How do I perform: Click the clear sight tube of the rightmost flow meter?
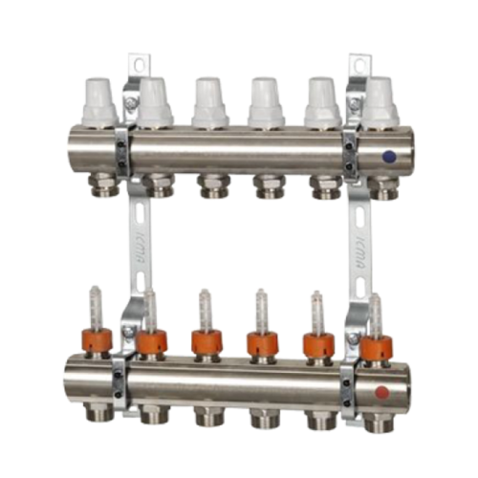point(376,312)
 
